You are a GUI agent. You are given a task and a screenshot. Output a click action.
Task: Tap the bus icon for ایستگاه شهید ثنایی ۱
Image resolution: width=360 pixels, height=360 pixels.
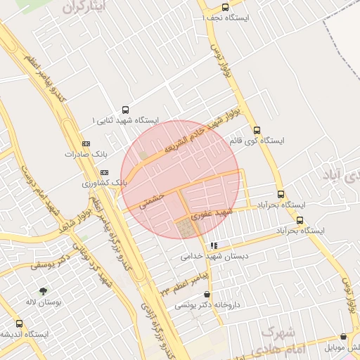(126, 110)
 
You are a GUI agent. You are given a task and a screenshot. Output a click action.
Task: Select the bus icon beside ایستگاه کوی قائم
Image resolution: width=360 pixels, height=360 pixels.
(257, 130)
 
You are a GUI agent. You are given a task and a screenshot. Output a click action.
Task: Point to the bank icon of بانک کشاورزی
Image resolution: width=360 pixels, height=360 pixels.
(105, 172)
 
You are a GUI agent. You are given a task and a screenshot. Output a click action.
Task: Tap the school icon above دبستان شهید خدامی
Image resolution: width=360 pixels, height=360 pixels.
(214, 245)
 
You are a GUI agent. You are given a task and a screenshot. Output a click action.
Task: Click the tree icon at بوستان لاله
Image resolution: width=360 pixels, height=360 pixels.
(44, 290)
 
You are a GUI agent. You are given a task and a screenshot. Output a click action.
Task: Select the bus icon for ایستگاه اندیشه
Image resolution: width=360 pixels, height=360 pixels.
(18, 323)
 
